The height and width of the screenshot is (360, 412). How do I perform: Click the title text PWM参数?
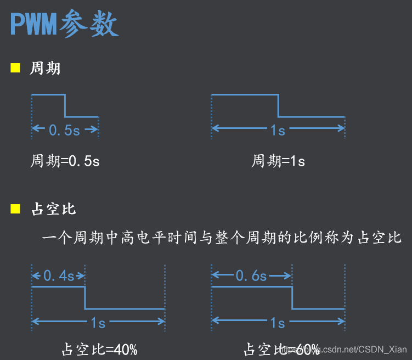(x=65, y=25)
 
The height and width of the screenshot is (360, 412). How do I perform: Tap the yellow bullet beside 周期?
(x=15, y=69)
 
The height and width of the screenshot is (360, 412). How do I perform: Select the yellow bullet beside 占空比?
(x=15, y=209)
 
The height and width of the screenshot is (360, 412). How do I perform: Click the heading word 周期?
(x=46, y=69)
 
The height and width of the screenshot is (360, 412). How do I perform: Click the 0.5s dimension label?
(x=65, y=130)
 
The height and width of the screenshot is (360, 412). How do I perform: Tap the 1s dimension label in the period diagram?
(x=278, y=130)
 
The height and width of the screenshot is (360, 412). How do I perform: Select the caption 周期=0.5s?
(x=65, y=161)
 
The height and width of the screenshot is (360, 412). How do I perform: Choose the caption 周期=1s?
(x=278, y=161)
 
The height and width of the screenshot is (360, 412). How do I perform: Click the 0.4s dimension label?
(x=59, y=276)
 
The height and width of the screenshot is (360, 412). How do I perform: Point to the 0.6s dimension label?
(x=251, y=276)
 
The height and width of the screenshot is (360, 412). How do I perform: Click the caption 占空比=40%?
(x=99, y=349)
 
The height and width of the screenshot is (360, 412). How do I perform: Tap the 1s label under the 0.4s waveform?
(x=98, y=323)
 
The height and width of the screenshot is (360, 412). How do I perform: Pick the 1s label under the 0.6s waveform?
(x=278, y=323)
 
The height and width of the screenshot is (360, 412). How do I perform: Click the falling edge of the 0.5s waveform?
(x=65, y=106)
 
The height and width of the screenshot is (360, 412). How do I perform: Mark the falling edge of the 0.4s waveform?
(x=85, y=297)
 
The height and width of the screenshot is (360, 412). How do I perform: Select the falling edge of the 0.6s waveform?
(x=291, y=297)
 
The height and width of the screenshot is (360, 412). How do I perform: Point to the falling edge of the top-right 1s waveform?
(x=278, y=106)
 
